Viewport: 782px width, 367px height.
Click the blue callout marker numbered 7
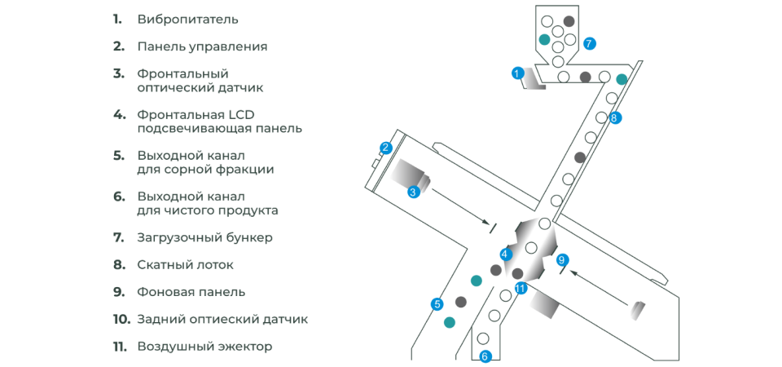588,43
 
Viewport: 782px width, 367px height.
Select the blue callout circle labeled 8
614,118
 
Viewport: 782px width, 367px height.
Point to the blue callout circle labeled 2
385,148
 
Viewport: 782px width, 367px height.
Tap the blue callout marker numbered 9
562,259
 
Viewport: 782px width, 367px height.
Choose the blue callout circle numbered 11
521,288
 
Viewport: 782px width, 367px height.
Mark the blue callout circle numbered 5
437,303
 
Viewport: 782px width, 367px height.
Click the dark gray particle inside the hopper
569,21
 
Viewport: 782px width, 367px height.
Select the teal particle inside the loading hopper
545,38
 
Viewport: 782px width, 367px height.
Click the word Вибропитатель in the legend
187,20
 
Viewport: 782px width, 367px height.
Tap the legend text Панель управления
202,47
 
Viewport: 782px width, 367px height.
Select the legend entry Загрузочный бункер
205,237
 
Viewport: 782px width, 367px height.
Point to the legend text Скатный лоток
185,264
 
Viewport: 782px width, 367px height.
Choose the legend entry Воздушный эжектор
204,347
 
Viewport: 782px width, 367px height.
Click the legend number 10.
121,319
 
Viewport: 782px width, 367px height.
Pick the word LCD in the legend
241,115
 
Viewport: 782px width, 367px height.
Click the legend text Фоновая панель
191,292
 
